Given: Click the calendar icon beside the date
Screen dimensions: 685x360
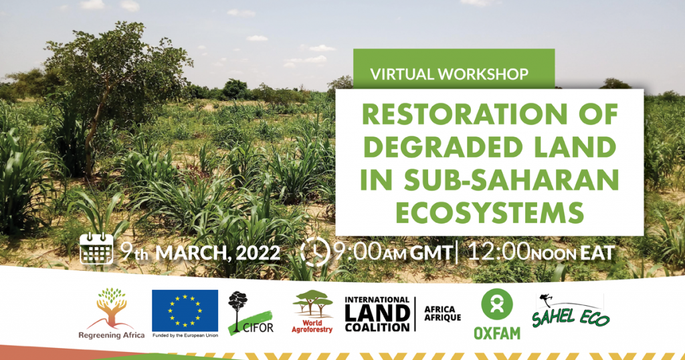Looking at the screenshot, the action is coord(96,249).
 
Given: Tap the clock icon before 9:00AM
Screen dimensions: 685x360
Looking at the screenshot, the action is coord(316,252).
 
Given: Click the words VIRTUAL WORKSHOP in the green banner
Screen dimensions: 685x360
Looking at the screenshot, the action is coord(450,74).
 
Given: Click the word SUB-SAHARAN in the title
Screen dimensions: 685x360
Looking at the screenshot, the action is coord(510,180).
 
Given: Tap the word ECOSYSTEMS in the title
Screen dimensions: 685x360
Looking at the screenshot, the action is coord(490,213).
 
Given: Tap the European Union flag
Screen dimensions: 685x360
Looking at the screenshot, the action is coord(185,310).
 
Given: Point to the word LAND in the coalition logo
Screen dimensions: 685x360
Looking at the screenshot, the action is coord(377,312).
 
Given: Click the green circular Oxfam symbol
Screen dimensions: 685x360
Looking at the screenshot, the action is coord(497,304).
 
